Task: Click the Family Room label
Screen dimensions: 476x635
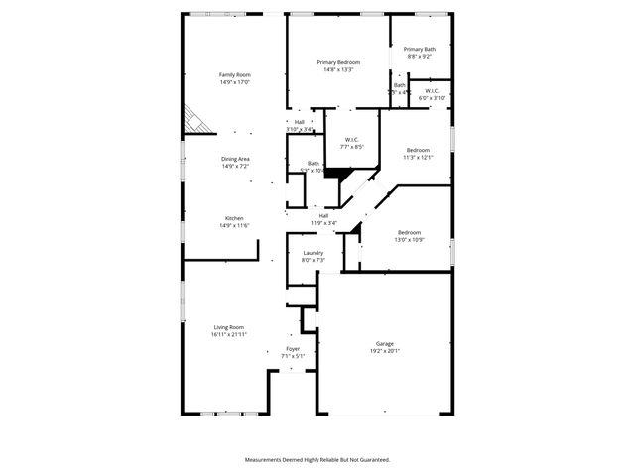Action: point(234,75)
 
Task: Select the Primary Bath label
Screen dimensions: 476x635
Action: point(419,49)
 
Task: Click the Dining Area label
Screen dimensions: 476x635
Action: point(234,159)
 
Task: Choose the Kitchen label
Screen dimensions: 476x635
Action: point(234,218)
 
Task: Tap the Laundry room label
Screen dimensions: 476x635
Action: point(313,254)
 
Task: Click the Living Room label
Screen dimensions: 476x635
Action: point(228,327)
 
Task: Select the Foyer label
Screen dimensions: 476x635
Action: point(293,349)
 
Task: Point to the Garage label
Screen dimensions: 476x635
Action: point(384,343)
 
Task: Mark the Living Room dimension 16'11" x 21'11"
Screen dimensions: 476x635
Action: point(228,334)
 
